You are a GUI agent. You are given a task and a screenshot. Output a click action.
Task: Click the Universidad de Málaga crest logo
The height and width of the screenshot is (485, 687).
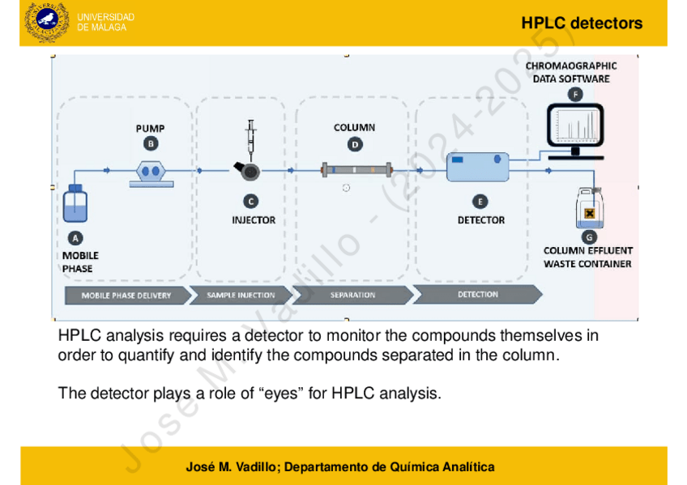coord(47,23)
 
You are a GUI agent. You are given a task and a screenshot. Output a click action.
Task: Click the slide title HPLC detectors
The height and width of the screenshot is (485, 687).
coord(582,23)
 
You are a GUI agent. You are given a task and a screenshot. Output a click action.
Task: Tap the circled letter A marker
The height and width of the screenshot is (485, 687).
coord(75,238)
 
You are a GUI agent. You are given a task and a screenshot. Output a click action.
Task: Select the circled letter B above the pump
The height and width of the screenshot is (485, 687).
coord(150,143)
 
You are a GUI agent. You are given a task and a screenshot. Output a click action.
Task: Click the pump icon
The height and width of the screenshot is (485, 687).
coord(151,172)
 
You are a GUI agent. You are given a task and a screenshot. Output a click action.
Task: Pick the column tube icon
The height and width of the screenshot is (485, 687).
coord(356,170)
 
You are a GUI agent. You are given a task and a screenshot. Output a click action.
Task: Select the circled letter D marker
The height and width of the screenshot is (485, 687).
coord(355,144)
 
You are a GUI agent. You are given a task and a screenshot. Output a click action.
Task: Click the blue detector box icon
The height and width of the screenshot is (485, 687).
coord(478,168)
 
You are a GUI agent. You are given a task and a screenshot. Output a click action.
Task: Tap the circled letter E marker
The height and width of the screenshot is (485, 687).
coord(480,201)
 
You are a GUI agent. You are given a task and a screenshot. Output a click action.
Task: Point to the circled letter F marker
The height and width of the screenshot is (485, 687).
coord(575,94)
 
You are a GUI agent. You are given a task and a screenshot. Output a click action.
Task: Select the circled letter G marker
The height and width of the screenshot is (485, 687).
coord(590,237)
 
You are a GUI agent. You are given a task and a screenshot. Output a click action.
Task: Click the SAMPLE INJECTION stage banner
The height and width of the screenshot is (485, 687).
coord(241,296)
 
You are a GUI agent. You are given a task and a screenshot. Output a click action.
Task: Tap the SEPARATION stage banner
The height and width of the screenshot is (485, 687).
coord(352,296)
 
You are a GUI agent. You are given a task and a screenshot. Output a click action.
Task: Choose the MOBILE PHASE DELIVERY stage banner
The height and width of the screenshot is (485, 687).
coord(126,296)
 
